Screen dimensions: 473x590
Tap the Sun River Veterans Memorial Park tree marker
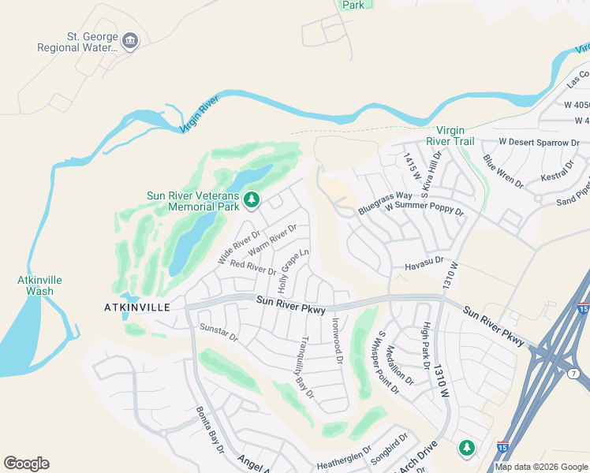[x=252, y=201]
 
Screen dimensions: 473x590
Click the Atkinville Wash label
[x=39, y=285]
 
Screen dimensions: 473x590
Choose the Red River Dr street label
[x=253, y=267]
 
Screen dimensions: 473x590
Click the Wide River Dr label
[x=238, y=248]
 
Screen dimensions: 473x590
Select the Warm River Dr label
[x=271, y=240]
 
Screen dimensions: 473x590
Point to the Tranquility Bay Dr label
[x=307, y=367]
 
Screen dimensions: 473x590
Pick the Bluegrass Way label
[x=385, y=203]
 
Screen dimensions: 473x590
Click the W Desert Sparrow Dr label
[x=539, y=143]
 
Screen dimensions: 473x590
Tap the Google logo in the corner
[x=26, y=464]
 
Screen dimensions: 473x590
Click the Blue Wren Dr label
[x=503, y=171]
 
